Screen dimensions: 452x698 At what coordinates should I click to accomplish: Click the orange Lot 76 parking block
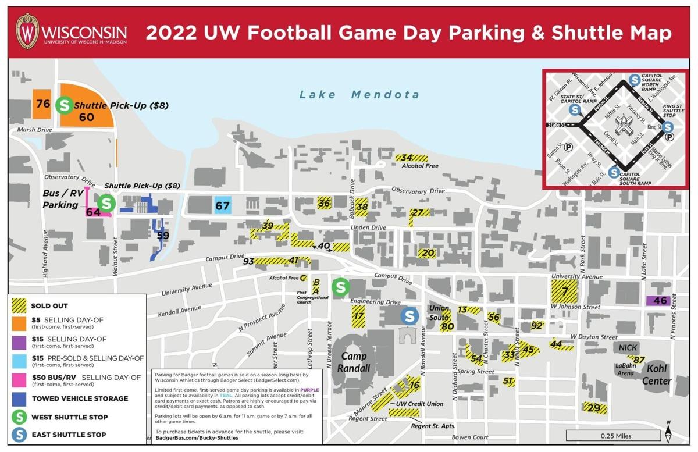42,104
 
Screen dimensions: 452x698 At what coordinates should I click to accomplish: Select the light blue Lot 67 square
223,205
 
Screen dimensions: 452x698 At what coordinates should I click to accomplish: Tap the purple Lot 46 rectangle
660,301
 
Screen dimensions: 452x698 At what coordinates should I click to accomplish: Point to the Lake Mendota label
359,94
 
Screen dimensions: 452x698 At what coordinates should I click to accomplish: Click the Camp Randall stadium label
355,362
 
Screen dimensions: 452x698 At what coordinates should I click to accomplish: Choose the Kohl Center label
657,376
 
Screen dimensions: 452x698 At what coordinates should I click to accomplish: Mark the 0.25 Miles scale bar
613,436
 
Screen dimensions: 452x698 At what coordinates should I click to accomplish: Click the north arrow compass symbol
669,430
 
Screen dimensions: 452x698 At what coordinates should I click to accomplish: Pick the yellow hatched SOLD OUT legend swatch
20,305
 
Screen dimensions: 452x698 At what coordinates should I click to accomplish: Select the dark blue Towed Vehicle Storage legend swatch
20,398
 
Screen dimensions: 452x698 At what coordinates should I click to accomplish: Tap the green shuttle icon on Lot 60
64,106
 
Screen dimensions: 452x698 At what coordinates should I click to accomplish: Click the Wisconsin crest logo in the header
27,31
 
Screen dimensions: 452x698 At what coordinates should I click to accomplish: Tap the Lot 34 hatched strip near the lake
412,158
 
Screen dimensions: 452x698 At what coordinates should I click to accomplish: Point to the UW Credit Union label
419,404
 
